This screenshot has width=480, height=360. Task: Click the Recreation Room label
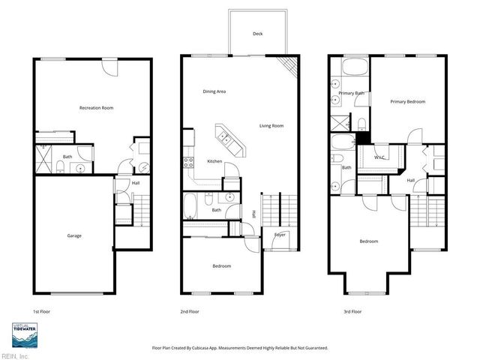pos(96,108)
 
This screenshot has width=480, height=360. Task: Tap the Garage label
pos(74,235)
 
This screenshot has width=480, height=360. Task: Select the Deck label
pos(257,34)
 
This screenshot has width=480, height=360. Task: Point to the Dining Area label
pos(214,91)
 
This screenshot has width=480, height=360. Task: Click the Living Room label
pos(271,125)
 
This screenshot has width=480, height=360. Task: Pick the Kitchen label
pos(214,162)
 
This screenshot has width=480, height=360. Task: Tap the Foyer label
pos(280,235)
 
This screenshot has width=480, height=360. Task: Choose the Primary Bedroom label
pos(406,100)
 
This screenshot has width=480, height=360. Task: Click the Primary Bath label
pos(351,93)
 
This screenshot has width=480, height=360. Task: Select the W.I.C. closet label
pos(380,157)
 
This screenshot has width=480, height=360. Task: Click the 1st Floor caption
pos(41,311)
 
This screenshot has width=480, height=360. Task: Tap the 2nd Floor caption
pos(189,311)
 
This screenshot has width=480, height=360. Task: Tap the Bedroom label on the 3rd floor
pos(368,241)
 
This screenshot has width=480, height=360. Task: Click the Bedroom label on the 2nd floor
pos(221,266)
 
